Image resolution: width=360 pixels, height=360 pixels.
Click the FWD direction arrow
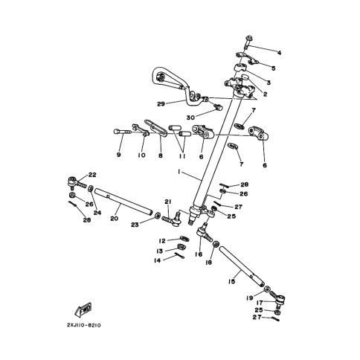83,309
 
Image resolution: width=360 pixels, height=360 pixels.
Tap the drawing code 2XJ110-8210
84,326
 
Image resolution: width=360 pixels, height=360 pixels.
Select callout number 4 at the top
279,53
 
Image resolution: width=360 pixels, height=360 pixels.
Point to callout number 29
161,103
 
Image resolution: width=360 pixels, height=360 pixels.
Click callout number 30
190,118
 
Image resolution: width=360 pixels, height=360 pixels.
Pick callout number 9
118,155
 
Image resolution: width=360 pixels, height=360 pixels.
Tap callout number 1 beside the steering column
179,172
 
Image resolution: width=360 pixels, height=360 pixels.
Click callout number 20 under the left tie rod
115,219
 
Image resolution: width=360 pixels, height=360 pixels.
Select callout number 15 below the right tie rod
231,281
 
